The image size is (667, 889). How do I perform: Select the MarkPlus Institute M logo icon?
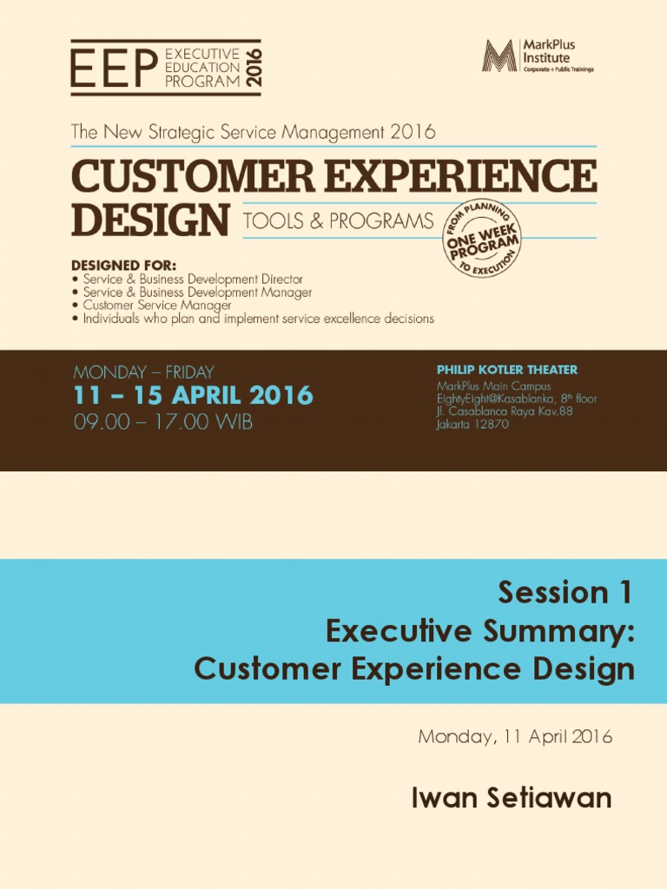pyautogui.click(x=499, y=56)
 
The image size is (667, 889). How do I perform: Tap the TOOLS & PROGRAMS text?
pyautogui.click(x=338, y=221)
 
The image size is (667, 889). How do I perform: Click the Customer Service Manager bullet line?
pyautogui.click(x=156, y=306)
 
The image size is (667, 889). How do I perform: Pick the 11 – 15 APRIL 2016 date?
pyautogui.click(x=193, y=396)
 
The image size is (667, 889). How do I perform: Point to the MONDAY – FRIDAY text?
pyautogui.click(x=143, y=372)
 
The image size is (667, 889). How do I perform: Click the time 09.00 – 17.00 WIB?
pyautogui.click(x=163, y=424)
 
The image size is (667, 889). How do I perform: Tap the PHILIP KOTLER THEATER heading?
pyautogui.click(x=506, y=370)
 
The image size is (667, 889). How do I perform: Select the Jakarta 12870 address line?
pyautogui.click(x=472, y=425)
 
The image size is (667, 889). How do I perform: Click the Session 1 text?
pyautogui.click(x=566, y=593)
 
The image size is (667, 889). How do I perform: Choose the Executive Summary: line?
pyautogui.click(x=479, y=632)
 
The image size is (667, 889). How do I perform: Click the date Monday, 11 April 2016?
pyautogui.click(x=515, y=737)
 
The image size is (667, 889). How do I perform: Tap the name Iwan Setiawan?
pyautogui.click(x=512, y=799)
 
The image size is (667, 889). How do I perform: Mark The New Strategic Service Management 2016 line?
pyautogui.click(x=253, y=133)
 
